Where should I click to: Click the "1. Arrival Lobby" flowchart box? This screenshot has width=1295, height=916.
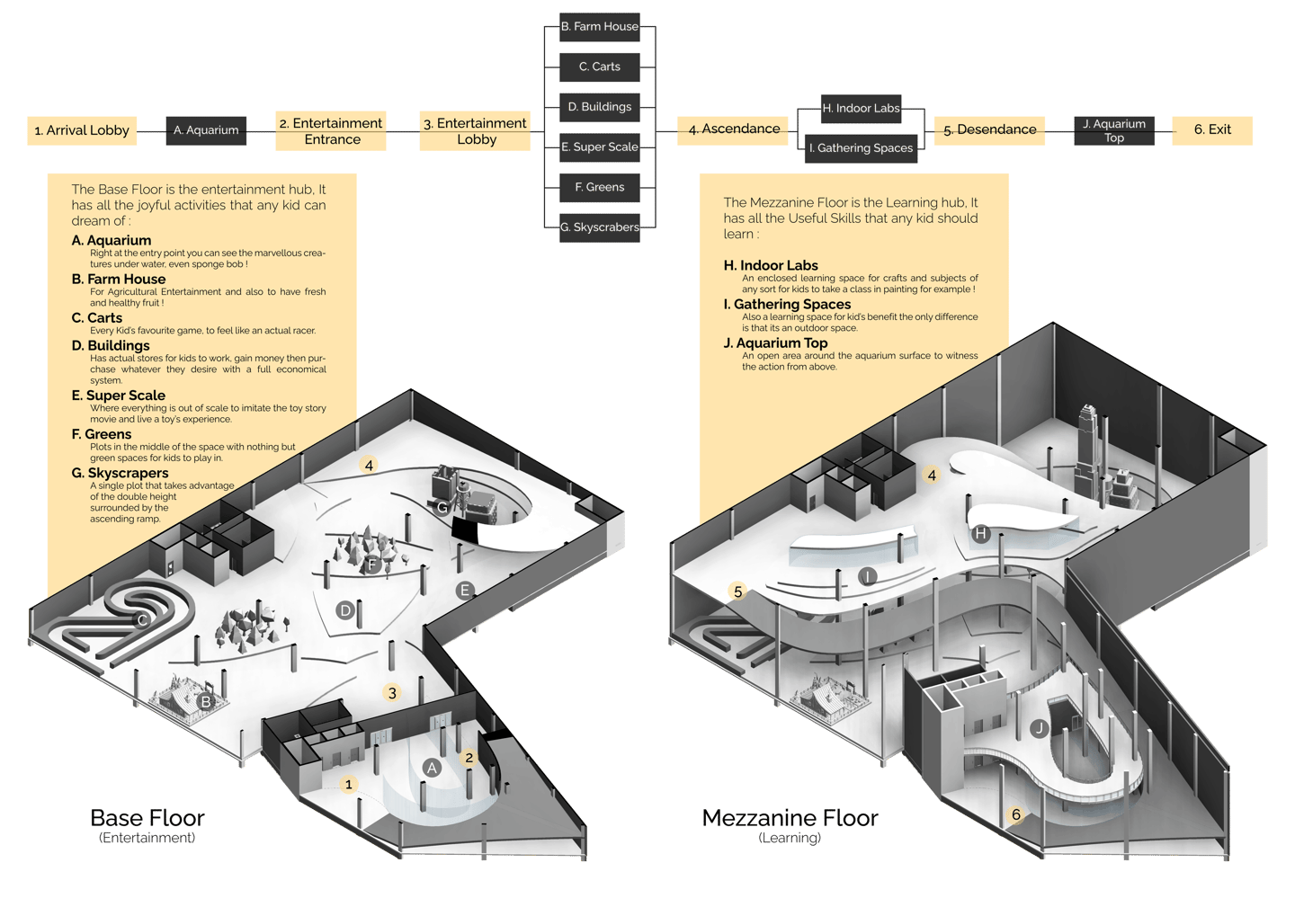[x=82, y=130]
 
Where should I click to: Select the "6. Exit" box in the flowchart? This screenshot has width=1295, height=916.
[x=1211, y=129]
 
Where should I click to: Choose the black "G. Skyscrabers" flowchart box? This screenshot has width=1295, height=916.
[x=600, y=227]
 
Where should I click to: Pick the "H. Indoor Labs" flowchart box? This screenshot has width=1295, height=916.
[x=861, y=108]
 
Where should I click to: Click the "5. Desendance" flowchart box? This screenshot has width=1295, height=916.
[x=989, y=129]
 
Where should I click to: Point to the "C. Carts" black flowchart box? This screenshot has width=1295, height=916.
[x=600, y=67]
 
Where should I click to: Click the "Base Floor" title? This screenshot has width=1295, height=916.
[x=147, y=818]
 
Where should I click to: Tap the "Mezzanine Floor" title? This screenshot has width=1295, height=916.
[x=790, y=818]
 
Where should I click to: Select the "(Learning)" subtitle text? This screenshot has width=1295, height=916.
[x=790, y=838]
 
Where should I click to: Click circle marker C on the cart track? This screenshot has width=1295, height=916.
[x=141, y=619]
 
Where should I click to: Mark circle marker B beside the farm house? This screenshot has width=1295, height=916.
[x=206, y=702]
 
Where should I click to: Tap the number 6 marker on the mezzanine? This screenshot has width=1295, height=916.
[x=1016, y=814]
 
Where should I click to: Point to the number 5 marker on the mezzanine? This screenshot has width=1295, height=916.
[x=738, y=591]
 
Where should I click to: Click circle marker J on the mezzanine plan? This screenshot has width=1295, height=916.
[x=1040, y=728]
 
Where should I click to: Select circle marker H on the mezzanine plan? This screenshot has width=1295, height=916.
[x=980, y=534]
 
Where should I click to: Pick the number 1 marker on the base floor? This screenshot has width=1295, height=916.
[x=349, y=784]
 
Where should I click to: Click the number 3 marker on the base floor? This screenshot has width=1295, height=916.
[x=391, y=693]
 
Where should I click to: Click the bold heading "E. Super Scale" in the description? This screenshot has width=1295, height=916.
[x=119, y=396]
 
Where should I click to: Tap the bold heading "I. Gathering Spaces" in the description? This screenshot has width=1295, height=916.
[x=787, y=305]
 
